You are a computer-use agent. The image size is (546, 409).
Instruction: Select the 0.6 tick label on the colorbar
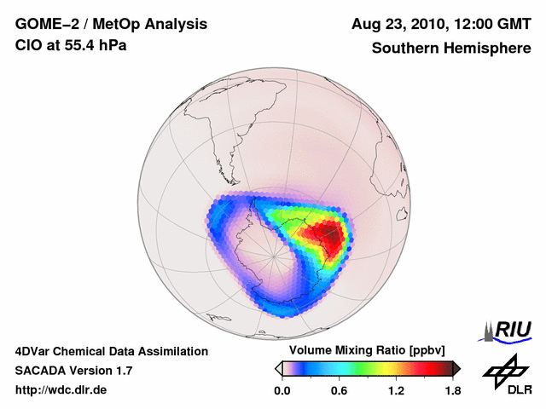(x=339, y=391)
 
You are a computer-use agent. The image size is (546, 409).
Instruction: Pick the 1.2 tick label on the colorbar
(x=396, y=391)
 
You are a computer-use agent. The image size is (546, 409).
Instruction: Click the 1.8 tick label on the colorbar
(x=453, y=391)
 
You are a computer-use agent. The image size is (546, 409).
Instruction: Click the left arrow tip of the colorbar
(x=279, y=368)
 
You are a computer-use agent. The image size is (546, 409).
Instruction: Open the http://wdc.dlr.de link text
(x=61, y=390)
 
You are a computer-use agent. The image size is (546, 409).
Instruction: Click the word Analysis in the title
(x=172, y=24)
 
